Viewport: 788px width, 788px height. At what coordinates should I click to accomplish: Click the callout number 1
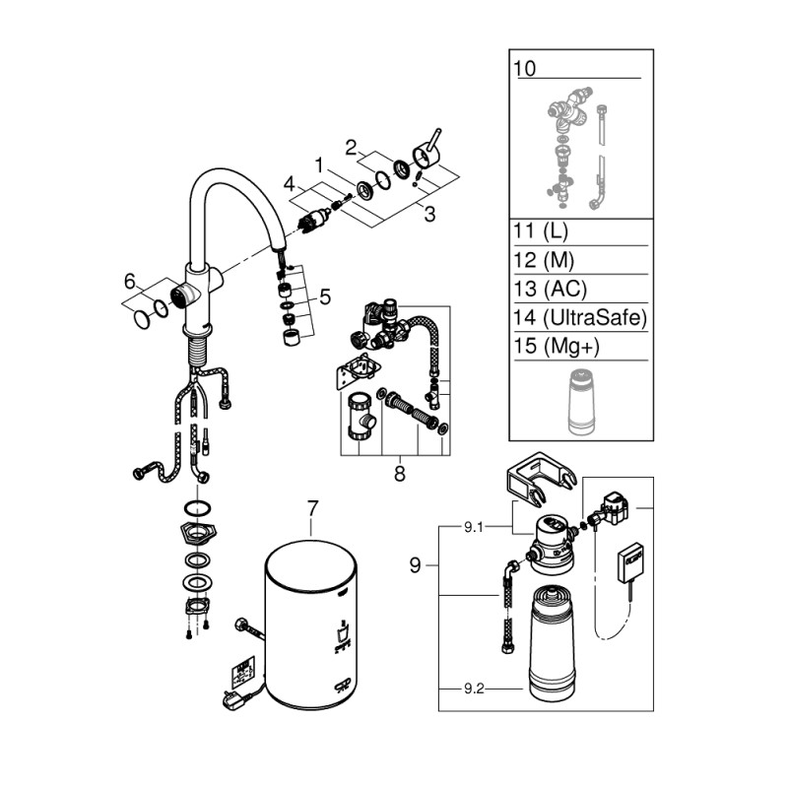[318, 162]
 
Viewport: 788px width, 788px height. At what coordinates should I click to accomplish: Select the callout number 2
[349, 148]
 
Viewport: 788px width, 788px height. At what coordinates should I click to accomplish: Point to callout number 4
[289, 182]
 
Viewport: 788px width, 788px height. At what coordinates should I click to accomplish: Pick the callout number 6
[129, 282]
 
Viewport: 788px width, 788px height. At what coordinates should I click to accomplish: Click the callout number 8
[400, 474]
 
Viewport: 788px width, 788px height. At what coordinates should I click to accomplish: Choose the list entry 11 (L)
[542, 233]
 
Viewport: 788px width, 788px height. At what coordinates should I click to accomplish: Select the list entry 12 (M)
[543, 261]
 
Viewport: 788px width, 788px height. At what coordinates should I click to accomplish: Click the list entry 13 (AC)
[550, 290]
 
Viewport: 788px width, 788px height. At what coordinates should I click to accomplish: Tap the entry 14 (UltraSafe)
[578, 317]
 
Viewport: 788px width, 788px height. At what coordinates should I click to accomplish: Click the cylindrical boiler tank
[310, 630]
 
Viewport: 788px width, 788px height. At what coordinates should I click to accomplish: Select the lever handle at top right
[430, 149]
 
